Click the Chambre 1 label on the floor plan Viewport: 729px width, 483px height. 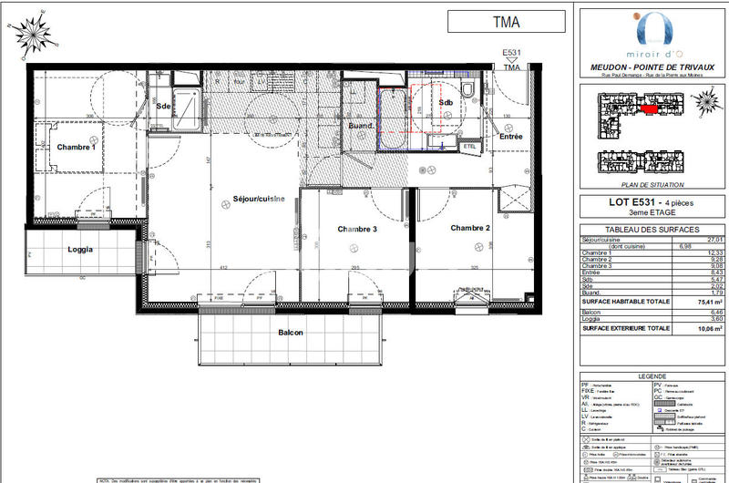pos(76,147)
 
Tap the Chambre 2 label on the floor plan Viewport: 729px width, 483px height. pos(470,228)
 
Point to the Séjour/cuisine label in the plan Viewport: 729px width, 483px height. pos(259,198)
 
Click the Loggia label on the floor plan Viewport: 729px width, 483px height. pos(84,249)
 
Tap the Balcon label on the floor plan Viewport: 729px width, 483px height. pos(292,333)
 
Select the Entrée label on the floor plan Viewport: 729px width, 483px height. pos(510,137)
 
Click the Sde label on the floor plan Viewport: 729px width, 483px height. pos(163,107)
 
